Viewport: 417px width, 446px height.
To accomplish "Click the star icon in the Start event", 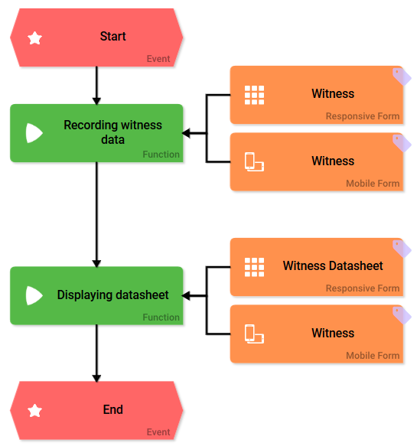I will pos(35,37).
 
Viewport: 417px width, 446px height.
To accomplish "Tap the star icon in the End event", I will pos(35,411).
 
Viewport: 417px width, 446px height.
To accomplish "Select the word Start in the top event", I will pos(113,37).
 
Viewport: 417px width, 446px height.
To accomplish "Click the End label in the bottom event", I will pos(113,410).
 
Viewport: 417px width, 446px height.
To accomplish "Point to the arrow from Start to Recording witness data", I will pos(96,85).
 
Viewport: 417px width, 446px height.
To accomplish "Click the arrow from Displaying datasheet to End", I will pos(96,353).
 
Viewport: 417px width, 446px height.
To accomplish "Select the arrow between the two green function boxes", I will pos(96,214).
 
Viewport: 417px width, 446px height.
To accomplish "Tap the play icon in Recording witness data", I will pos(34,133).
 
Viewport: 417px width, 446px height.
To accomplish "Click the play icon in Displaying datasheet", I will pos(34,295).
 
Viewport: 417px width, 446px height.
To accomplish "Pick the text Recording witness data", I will pos(112,132).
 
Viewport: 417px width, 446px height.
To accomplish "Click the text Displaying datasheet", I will pos(112,295).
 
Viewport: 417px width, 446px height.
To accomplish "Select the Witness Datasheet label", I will pos(333,266).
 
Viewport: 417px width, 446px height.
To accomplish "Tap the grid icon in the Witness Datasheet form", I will pos(254,267).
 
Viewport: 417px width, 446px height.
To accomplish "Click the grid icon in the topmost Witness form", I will pos(254,95).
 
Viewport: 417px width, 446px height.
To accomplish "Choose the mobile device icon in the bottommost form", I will pos(254,334).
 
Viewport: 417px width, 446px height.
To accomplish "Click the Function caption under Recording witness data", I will pos(161,155).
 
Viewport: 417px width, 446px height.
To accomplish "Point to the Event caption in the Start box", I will pos(158,59).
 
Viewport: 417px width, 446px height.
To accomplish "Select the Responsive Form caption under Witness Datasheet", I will pos(362,288).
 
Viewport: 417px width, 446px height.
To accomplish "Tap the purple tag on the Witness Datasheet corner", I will pos(401,248).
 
